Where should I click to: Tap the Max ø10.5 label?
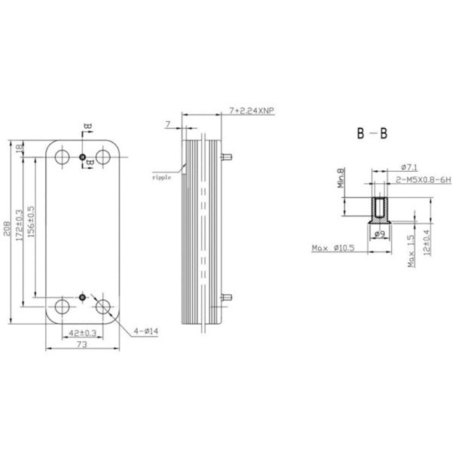(x=332, y=247)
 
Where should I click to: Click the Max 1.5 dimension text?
(x=411, y=251)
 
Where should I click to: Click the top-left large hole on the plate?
(x=62, y=157)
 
